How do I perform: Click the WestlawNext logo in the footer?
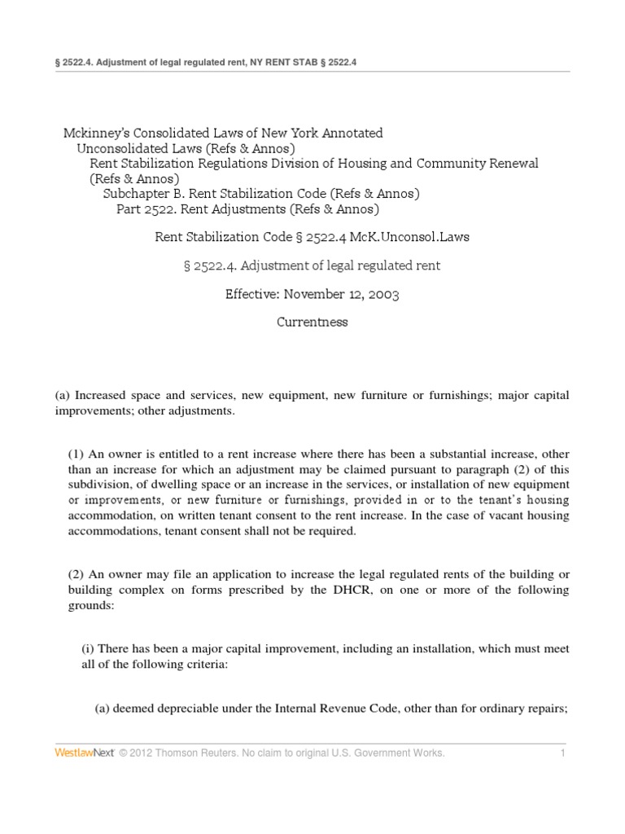pos(84,753)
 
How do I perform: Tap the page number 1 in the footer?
pos(562,753)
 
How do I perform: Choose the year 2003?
pos(383,294)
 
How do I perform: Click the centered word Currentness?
pos(312,322)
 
